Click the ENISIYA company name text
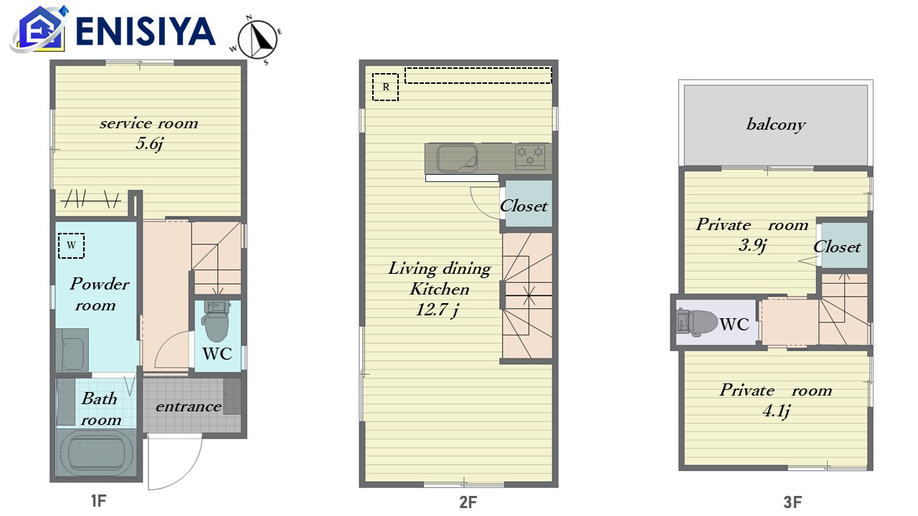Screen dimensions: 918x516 (146, 32)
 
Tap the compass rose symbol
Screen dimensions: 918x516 (257, 39)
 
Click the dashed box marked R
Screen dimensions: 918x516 (385, 87)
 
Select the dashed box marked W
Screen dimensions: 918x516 (71, 246)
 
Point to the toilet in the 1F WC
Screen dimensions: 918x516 (217, 322)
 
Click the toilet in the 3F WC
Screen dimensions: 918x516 (696, 323)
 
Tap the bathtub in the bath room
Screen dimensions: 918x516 (97, 453)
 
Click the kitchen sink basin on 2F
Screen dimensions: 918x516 (457, 158)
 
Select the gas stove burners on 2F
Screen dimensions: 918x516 (530, 156)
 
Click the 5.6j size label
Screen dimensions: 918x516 (150, 144)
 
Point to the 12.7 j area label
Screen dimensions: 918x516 (437, 310)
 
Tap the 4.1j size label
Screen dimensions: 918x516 (776, 411)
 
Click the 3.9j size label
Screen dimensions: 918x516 (752, 245)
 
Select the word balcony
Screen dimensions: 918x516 (776, 124)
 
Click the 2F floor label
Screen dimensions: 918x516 (468, 502)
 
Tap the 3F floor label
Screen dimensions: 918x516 (792, 502)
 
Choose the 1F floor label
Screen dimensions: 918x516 (98, 500)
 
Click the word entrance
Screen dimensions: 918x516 (189, 406)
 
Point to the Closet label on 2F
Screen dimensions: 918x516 (524, 206)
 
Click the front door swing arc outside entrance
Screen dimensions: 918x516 (193, 471)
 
